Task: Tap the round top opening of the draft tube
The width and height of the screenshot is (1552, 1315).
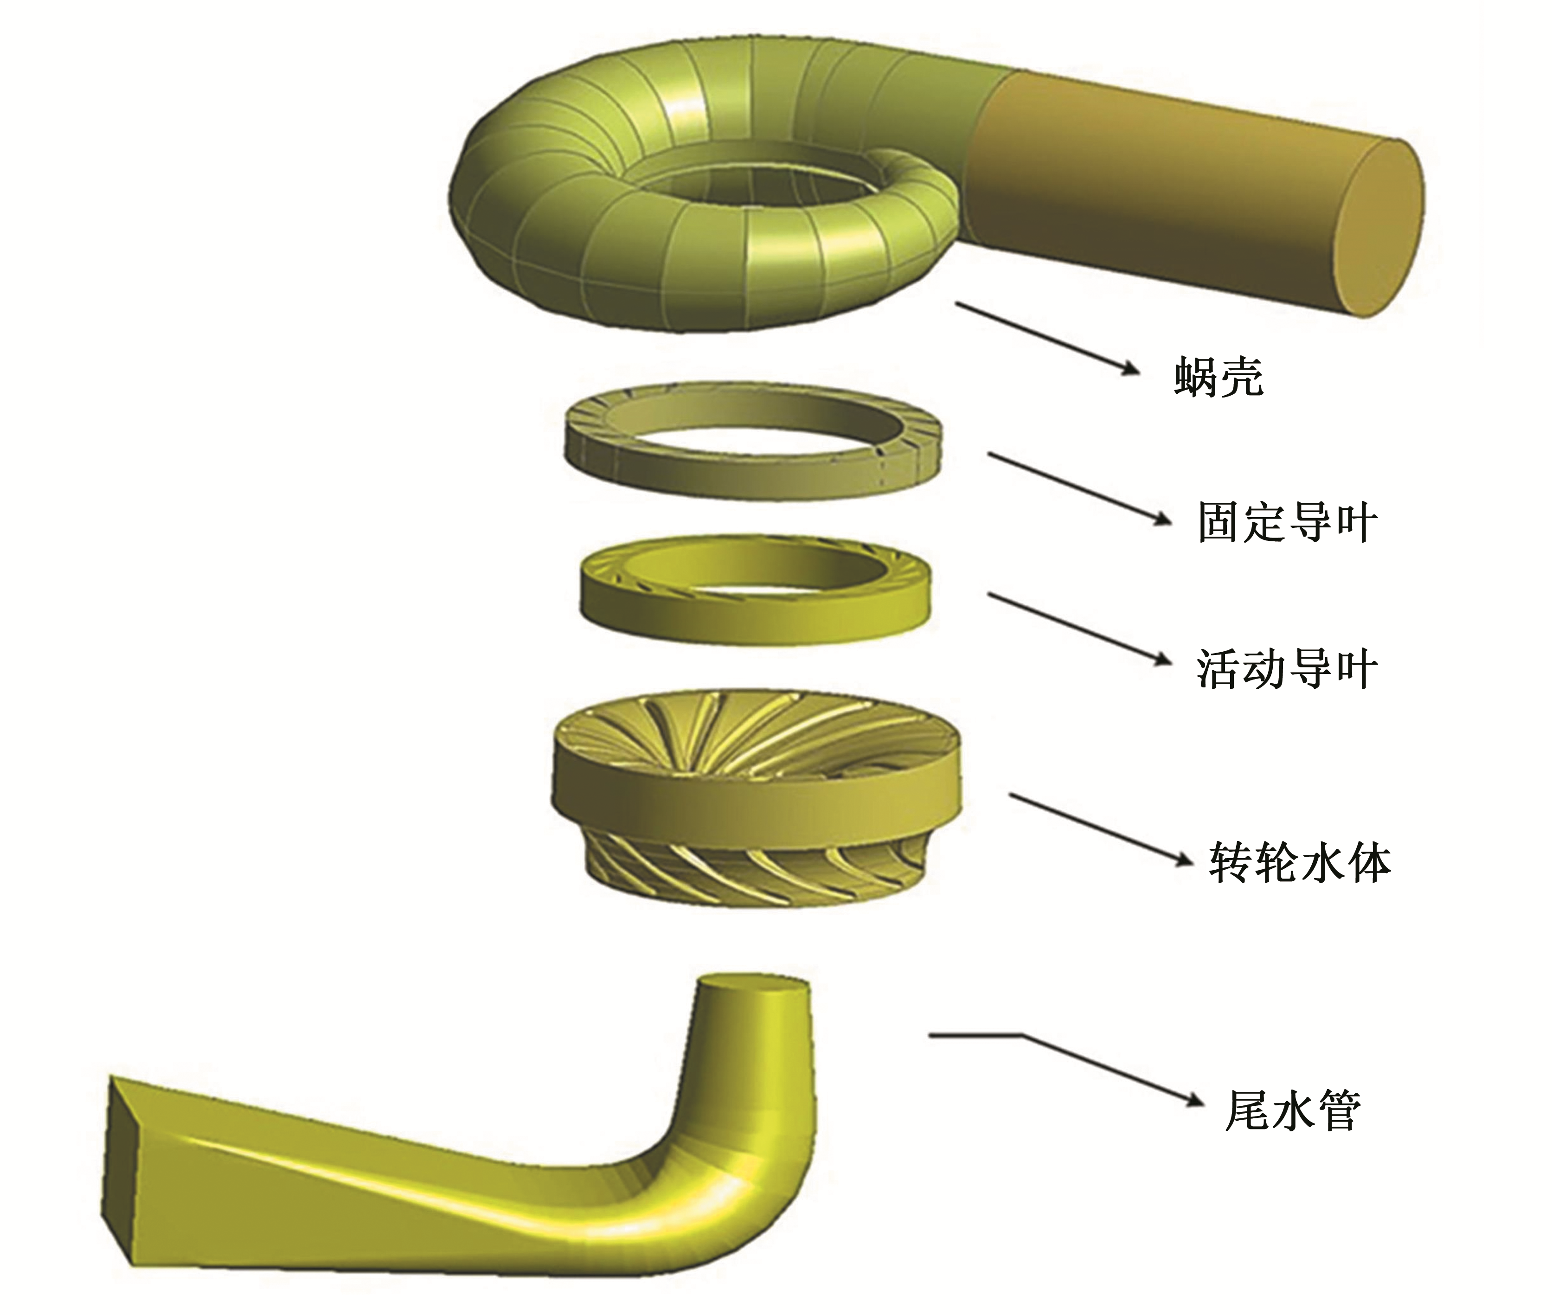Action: pyautogui.click(x=753, y=988)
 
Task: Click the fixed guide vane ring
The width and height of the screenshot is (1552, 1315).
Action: pyautogui.click(x=749, y=477)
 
